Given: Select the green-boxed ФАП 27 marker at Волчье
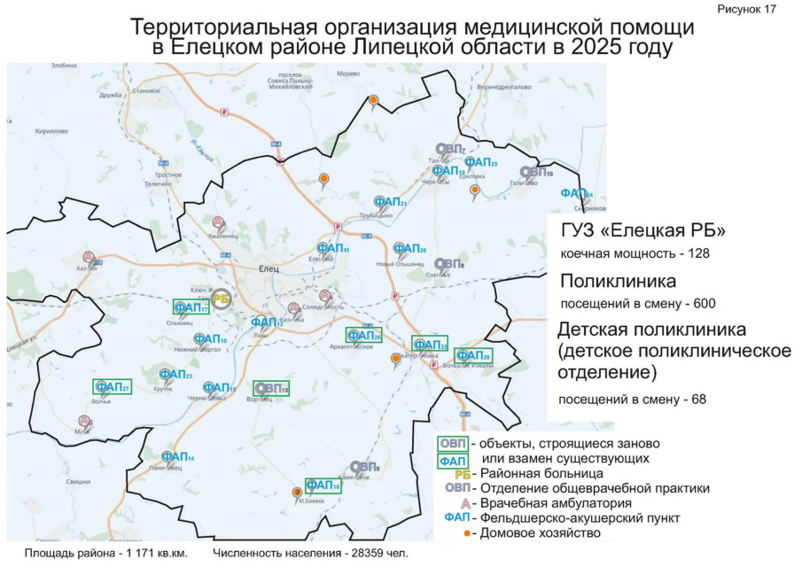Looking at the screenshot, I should pos(113,387).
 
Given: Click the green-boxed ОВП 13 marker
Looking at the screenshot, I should pos(272,388).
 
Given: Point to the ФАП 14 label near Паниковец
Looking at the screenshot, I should pos(178,456).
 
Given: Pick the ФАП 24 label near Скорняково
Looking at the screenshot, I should pos(576,193).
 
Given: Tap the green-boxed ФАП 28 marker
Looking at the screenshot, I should pos(474,355).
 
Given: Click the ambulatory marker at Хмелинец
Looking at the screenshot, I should pos(219,225).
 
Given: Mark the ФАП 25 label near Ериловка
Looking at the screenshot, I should pos(481,162).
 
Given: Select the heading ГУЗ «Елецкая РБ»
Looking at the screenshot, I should pos(643,231).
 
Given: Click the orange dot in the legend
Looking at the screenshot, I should pos(467,533).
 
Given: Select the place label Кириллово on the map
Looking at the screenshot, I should pos(51,131).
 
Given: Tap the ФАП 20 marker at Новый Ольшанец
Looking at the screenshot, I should pos(409,250).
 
